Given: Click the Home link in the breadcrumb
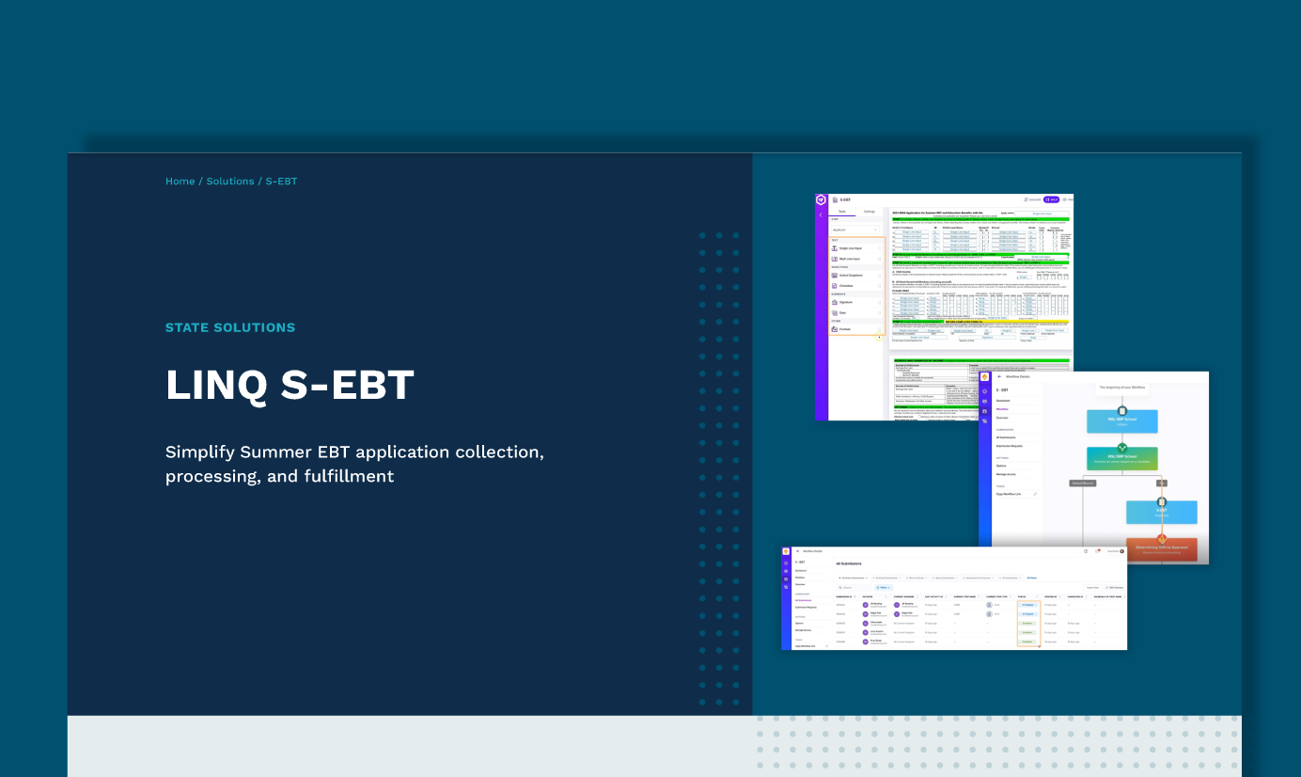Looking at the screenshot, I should tap(180, 182).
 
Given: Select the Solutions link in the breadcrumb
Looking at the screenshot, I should tap(230, 182).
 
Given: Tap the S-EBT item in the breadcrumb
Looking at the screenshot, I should tap(281, 182).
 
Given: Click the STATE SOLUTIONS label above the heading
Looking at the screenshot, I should tap(230, 328).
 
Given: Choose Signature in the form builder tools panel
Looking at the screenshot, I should tap(846, 302).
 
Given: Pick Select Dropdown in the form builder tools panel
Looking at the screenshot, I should tap(850, 275).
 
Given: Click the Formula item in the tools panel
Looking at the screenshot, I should tap(845, 329).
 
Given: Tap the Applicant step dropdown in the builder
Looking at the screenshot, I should tap(854, 230).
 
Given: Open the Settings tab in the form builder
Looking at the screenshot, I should tap(870, 212).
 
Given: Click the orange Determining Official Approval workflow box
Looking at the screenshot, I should tap(1161, 548).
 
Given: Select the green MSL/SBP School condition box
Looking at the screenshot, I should tap(1121, 458).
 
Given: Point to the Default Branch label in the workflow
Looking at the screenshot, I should tap(1083, 484).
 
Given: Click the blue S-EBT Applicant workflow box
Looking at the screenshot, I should tap(1161, 512).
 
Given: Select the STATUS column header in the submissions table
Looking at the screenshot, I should tap(1022, 596).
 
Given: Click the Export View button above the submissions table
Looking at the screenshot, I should tap(1091, 587).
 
